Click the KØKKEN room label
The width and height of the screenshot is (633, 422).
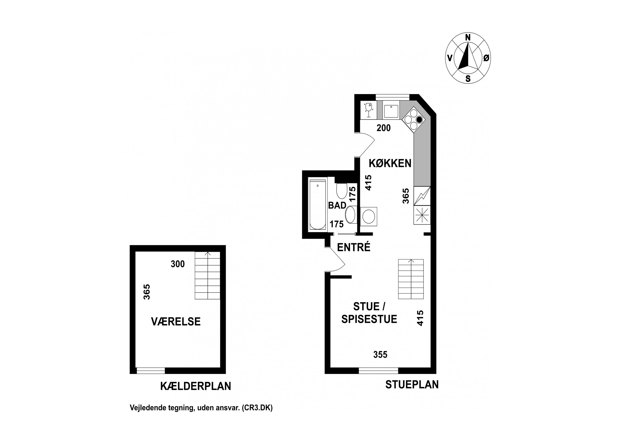coord(390,163)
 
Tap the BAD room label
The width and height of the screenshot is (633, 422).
coord(337,205)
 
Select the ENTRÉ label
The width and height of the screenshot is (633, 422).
coord(354,247)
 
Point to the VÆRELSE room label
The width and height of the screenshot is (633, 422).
coord(176,322)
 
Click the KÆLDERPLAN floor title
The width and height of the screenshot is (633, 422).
coord(196,386)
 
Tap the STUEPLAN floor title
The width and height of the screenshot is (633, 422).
coord(412,385)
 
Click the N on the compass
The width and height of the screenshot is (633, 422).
coord(468,38)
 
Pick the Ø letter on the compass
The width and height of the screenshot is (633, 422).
coord(486,58)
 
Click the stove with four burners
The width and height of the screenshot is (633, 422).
coord(414,119)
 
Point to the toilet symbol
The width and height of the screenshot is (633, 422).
coord(342,190)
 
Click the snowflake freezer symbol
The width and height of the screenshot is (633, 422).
coord(422,215)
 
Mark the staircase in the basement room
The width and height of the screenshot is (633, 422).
coord(207,275)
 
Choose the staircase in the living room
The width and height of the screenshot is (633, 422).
coord(411,279)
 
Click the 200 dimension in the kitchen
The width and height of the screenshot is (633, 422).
coord(384,128)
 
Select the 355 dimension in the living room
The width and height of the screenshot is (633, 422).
coord(380,354)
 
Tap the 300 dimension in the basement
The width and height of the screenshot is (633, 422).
coord(178,264)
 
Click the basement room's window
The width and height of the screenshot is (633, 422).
coord(151,371)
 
